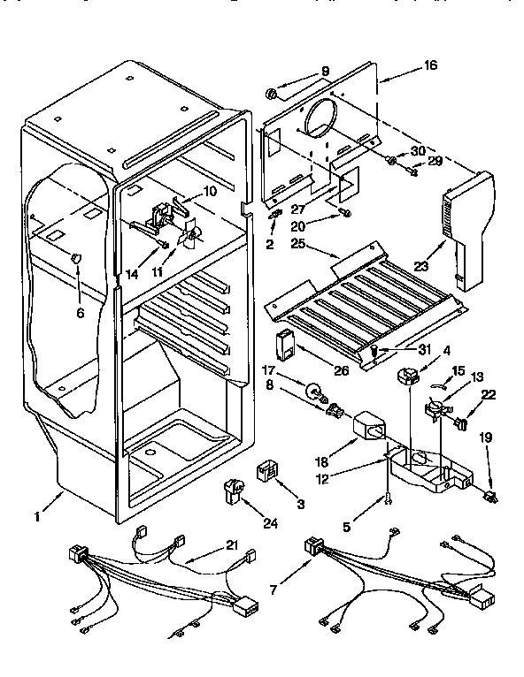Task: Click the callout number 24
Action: click(269, 524)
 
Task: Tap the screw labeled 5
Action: click(388, 501)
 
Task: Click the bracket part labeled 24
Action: click(235, 488)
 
